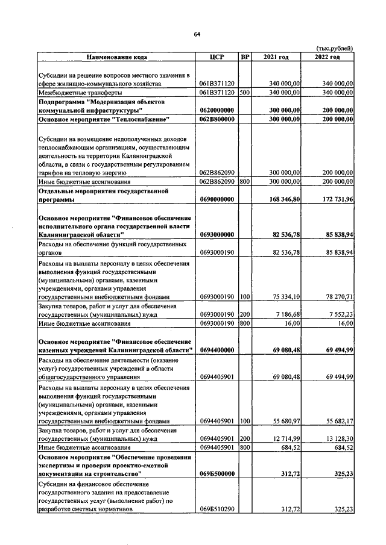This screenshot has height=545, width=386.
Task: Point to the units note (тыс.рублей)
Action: click(335, 48)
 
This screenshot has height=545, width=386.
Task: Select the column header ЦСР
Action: click(217, 57)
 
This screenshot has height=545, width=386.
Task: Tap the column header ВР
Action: click(245, 57)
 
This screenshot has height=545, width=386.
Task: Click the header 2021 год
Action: click(276, 57)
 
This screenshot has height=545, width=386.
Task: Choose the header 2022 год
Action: click(327, 57)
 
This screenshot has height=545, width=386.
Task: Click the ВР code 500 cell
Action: click(244, 93)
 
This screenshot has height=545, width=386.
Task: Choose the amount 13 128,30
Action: click(335, 439)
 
